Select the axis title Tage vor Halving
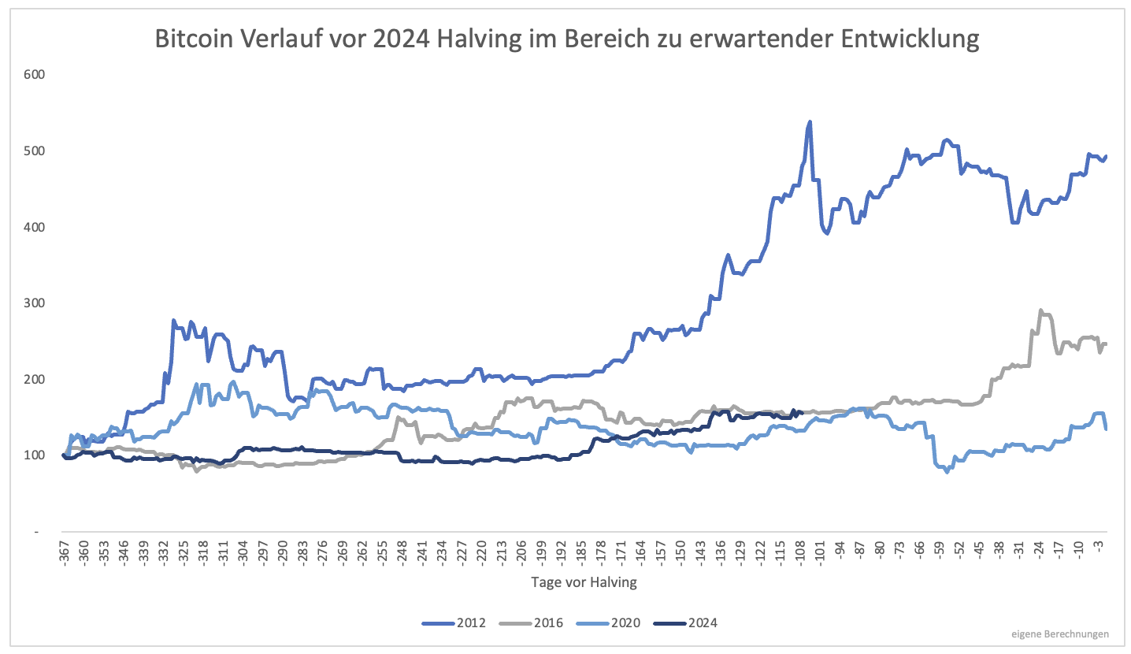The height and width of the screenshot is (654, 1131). pos(584,583)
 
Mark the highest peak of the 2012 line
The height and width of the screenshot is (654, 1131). pos(809,122)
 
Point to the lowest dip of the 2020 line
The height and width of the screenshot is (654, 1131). pos(947,471)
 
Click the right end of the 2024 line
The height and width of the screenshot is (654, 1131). pos(801,412)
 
